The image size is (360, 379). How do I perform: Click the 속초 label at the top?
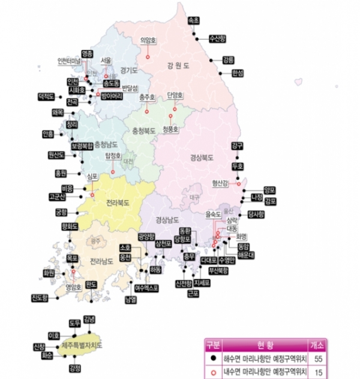point(196,19)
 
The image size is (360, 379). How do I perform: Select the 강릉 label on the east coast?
point(229,59)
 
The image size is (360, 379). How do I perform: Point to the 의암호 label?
point(148,41)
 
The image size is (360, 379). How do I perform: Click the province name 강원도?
point(178,65)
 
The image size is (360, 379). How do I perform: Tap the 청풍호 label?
point(172,128)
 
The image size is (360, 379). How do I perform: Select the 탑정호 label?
point(113,154)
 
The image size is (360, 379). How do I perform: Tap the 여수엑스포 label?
point(146,288)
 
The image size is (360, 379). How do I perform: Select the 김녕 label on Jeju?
point(89,318)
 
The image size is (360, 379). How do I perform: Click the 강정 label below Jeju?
point(75,368)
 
